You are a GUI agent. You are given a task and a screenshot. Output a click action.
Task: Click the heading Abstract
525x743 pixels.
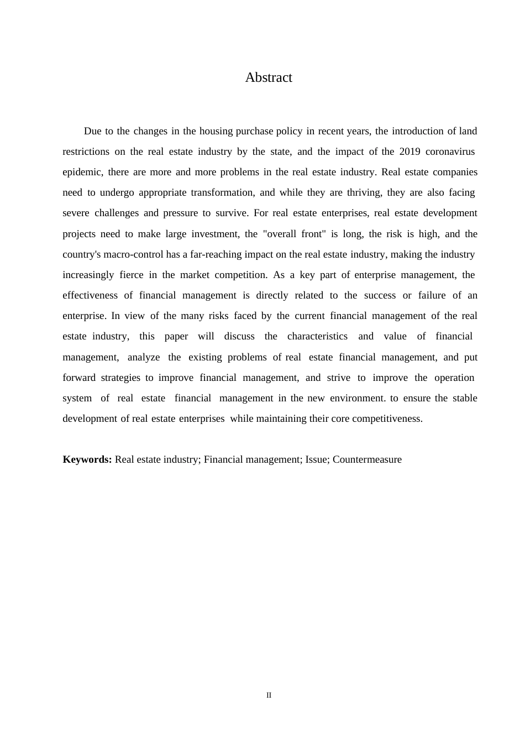[269, 77]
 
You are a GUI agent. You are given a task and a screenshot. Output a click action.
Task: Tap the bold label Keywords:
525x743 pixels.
[87, 459]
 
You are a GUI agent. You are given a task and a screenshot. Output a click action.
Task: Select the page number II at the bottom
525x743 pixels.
[269, 695]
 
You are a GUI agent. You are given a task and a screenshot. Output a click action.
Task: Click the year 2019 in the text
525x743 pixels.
[410, 151]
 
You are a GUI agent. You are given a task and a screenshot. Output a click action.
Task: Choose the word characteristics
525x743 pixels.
[317, 336]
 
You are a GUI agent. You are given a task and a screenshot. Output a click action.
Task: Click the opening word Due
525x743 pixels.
[92, 131]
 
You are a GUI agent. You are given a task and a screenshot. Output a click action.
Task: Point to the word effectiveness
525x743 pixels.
[90, 295]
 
